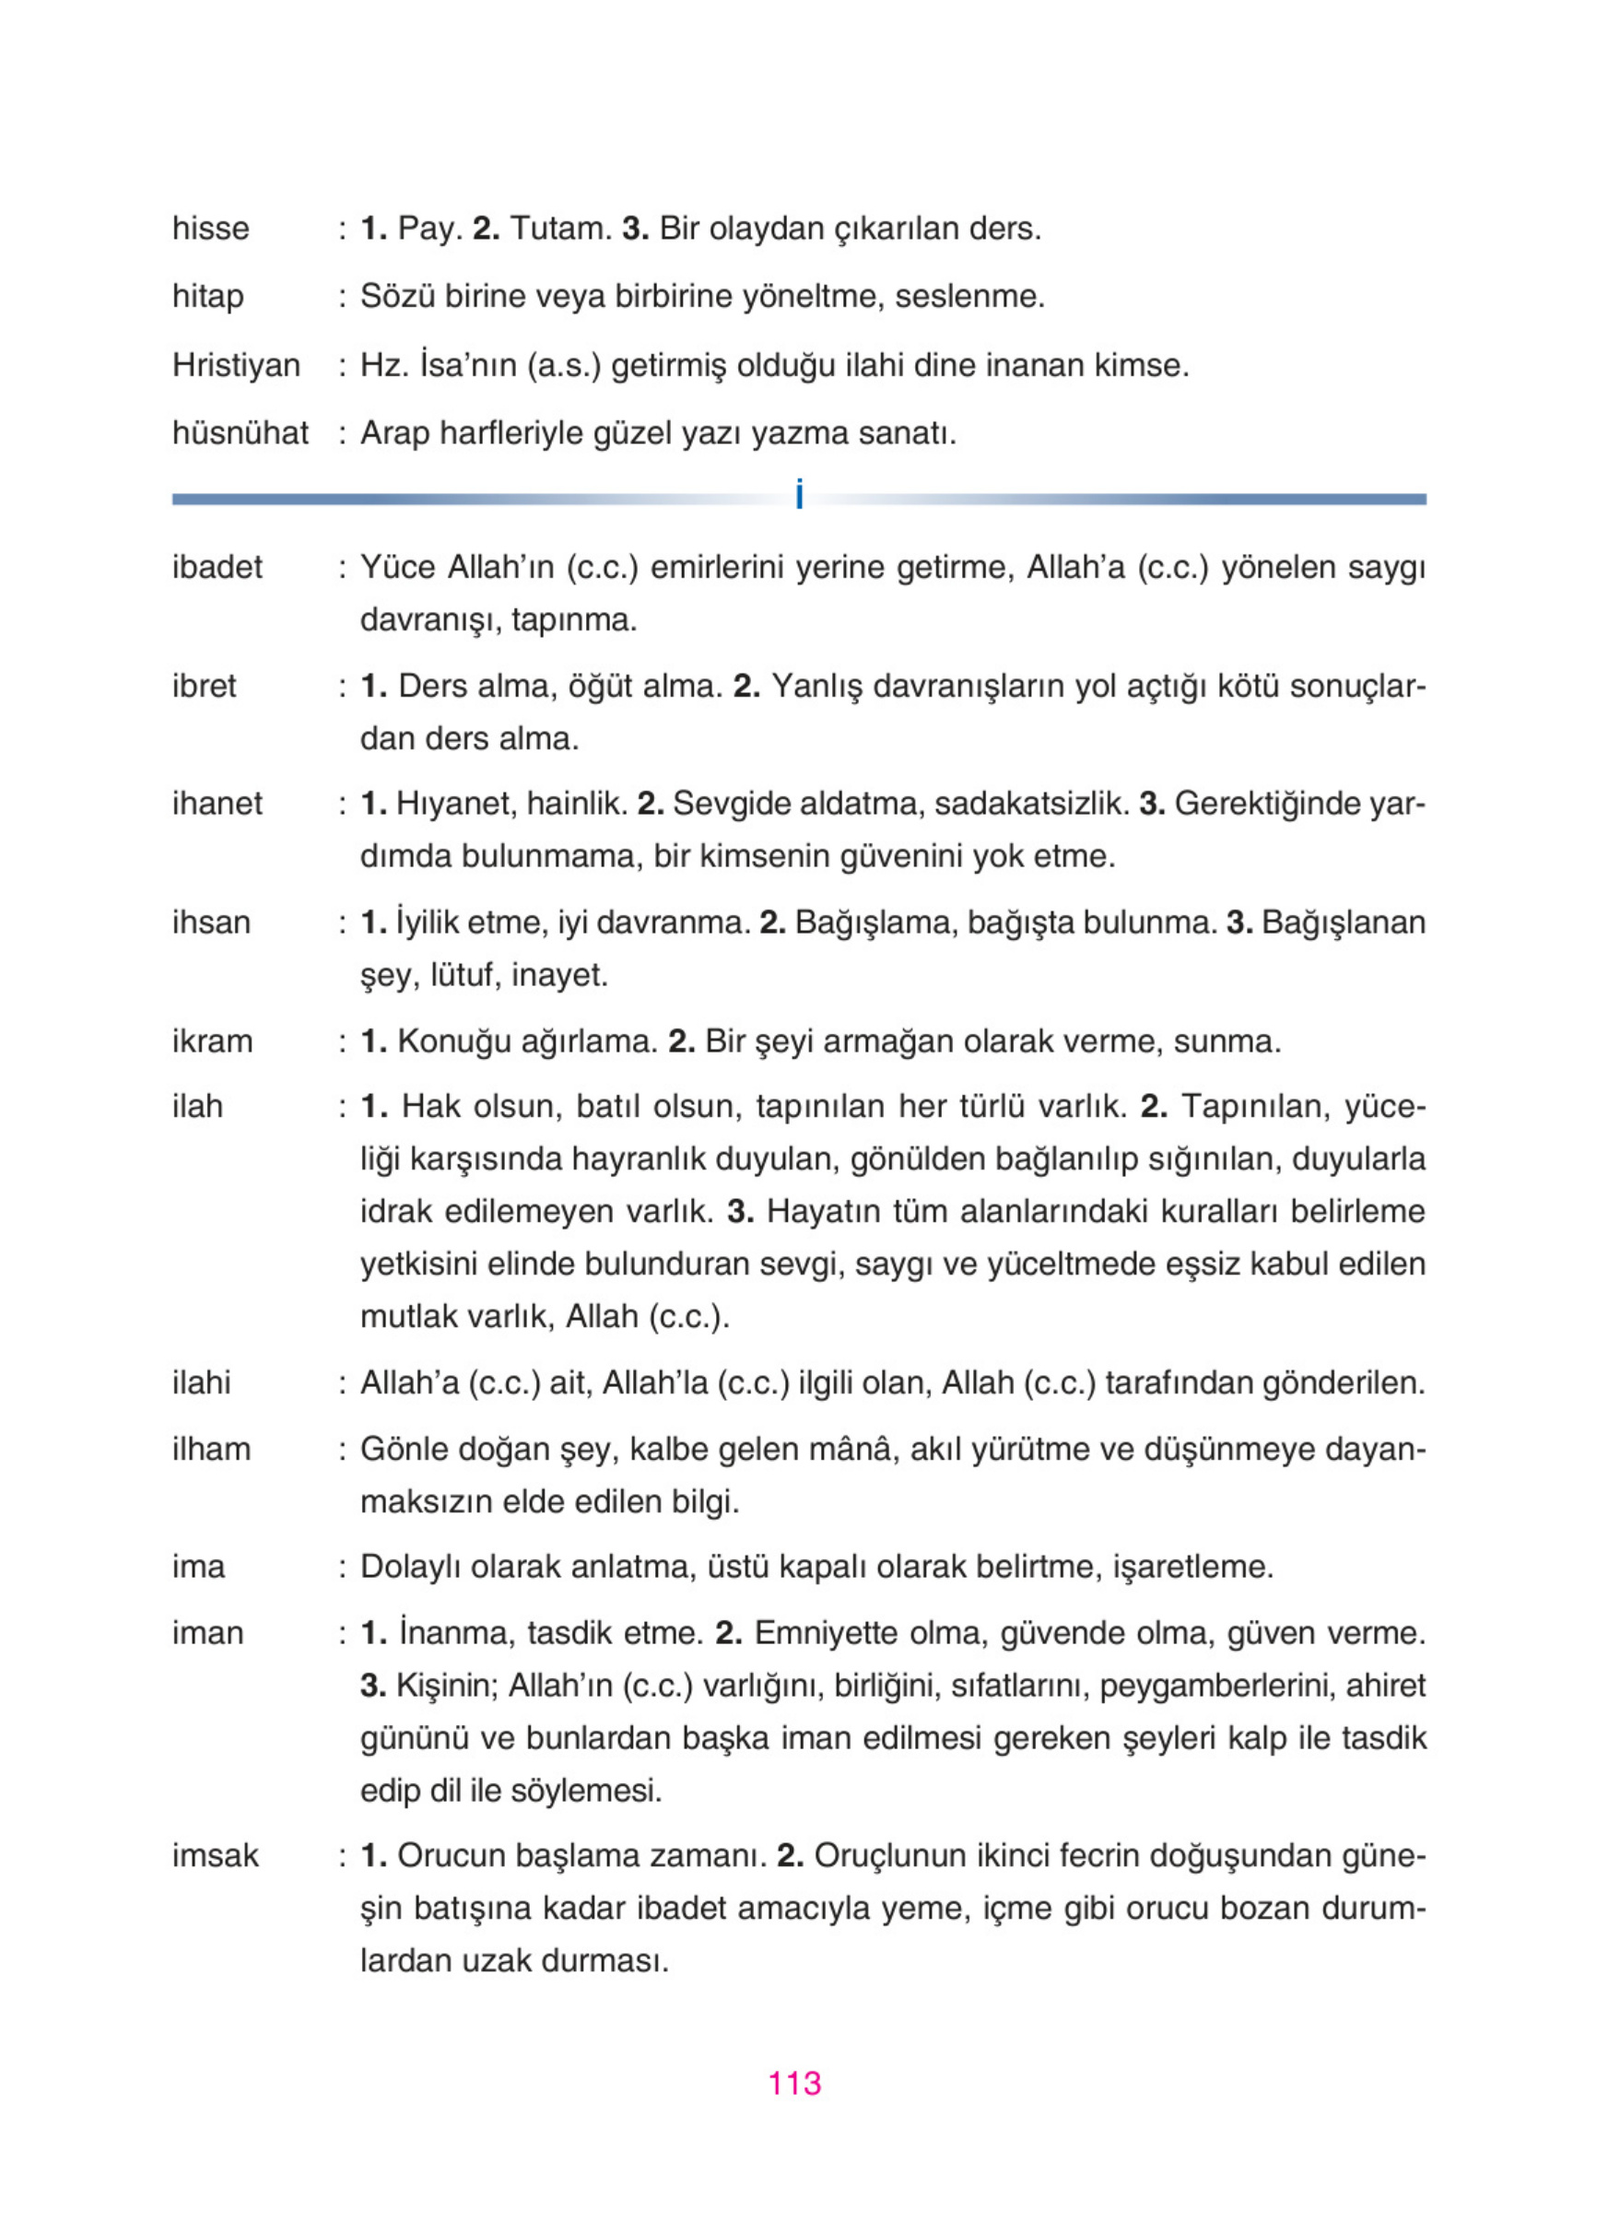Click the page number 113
tap(793, 2082)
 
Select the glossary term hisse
tap(211, 229)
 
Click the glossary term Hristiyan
tap(235, 366)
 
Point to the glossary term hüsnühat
tap(241, 433)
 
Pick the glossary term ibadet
tap(217, 568)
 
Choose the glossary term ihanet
tap(217, 804)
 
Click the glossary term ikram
tap(212, 1041)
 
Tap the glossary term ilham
tap(211, 1449)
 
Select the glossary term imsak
tap(215, 1856)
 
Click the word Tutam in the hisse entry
tap(559, 229)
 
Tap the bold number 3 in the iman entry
tap(371, 1686)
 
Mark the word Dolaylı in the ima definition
tap(411, 1567)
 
